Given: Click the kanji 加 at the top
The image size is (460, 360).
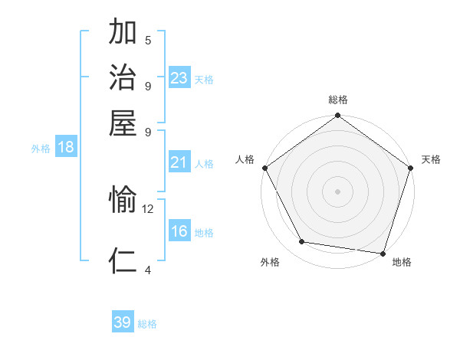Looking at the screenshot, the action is click(123, 34).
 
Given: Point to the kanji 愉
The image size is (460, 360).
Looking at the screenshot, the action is click(123, 201).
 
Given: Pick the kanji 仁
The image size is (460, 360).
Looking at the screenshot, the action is click(123, 260).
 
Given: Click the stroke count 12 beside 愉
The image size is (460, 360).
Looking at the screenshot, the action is click(148, 208).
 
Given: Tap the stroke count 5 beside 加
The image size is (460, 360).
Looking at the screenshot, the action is click(148, 41).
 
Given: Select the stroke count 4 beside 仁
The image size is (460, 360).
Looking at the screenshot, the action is click(148, 269).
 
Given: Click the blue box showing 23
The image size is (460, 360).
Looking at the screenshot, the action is click(179, 78).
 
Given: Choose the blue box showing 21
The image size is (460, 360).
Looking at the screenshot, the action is click(179, 162).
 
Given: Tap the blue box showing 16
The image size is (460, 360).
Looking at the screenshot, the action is click(179, 231).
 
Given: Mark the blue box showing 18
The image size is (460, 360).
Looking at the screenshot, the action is click(66, 147).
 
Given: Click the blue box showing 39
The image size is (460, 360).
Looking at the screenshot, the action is click(123, 322).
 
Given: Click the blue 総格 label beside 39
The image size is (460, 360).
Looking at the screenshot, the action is click(147, 324).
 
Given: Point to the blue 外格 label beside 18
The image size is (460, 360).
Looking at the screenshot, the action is click(41, 149).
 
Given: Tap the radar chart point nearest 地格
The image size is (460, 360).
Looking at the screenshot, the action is click(383, 253).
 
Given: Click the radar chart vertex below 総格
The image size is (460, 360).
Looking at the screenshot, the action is click(337, 116).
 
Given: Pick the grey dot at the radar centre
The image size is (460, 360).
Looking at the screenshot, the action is click(337, 191).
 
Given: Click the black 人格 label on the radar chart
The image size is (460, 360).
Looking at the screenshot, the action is click(245, 159).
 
